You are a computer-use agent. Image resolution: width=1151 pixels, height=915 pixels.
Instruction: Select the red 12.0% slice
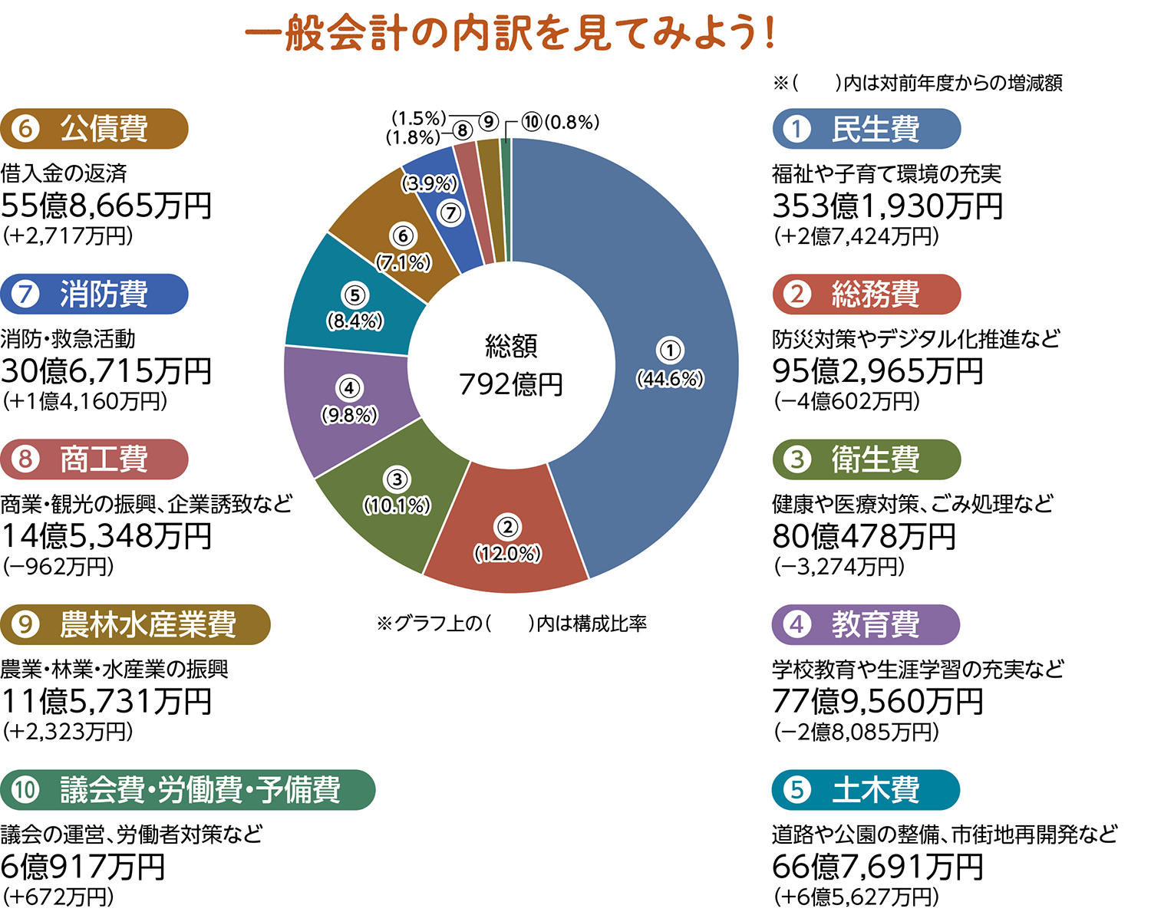(506, 537)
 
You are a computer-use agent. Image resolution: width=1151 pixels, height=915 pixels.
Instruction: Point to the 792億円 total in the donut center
(511, 383)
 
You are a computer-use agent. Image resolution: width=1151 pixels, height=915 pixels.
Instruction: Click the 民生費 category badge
(866, 129)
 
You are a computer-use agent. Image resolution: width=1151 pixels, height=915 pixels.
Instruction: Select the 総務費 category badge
(866, 294)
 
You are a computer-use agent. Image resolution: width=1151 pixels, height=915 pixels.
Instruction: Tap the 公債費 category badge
(94, 129)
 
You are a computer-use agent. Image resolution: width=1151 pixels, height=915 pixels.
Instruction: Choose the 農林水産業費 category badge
(135, 624)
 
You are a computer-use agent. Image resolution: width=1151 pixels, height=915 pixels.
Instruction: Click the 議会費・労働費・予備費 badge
(187, 789)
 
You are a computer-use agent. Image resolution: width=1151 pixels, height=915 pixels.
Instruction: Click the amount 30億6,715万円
(107, 370)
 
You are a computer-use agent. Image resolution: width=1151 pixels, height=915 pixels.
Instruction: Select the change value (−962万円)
(58, 566)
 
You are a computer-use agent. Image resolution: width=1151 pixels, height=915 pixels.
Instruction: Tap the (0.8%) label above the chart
(572, 122)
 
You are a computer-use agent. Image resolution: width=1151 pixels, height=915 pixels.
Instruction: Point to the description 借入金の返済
(64, 173)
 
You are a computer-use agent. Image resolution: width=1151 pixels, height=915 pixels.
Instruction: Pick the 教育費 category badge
(866, 624)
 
